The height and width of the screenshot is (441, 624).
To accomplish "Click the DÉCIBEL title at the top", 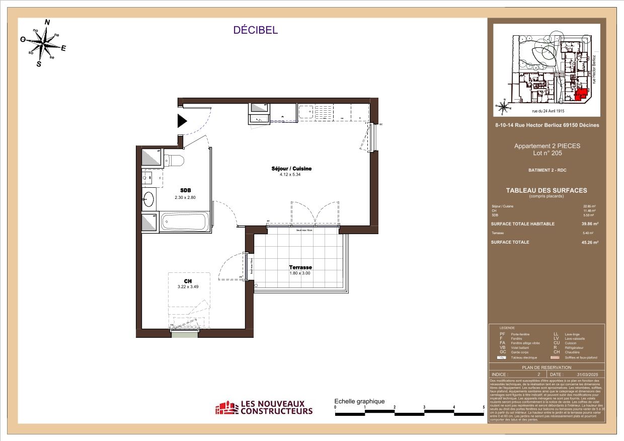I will (255, 30).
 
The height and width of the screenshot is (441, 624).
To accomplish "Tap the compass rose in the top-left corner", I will (45, 43).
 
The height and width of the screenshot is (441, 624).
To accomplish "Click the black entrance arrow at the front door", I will (182, 121).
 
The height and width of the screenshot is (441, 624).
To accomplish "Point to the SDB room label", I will (185, 190).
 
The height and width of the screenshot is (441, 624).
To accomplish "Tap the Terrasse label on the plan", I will (300, 267).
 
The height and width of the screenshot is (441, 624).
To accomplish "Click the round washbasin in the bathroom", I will (148, 200).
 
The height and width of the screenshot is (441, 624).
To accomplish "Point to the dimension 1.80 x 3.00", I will (300, 273).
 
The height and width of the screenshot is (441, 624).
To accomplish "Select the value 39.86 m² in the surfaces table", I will (590, 224).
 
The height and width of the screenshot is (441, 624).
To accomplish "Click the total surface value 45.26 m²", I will (590, 242).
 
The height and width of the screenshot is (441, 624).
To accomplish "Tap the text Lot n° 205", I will (547, 153).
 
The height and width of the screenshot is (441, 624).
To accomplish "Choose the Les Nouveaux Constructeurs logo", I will (264, 407).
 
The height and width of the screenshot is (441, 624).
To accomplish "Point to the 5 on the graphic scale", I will (484, 407).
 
